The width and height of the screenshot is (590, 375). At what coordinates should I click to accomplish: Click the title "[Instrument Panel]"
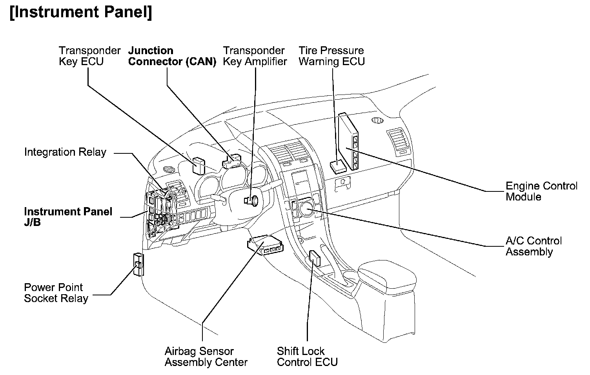[x=80, y=13]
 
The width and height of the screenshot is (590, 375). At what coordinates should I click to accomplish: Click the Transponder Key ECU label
[x=89, y=56]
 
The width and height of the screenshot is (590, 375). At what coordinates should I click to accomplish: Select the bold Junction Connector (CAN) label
[x=172, y=56]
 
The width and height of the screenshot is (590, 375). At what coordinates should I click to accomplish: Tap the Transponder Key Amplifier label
[x=255, y=56]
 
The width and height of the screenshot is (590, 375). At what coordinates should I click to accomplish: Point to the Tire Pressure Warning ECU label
[x=331, y=56]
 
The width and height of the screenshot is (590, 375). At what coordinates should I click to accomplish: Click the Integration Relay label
[x=65, y=152]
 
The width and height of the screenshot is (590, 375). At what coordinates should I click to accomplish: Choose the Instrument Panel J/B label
[x=68, y=217]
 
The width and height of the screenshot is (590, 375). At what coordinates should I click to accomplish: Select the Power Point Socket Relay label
[x=56, y=293]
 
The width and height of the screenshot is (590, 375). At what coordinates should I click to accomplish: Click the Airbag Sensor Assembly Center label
[x=206, y=357]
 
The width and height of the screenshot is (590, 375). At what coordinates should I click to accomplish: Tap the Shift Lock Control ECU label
[x=307, y=357]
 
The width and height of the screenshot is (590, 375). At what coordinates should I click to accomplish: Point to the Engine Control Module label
[x=541, y=191]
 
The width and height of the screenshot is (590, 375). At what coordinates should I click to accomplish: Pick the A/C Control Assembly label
[x=534, y=246]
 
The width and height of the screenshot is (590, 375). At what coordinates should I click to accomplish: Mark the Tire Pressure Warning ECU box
[x=337, y=167]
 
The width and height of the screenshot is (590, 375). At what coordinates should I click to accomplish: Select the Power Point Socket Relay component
[x=138, y=264]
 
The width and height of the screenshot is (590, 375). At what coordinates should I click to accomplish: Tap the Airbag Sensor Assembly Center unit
[x=265, y=245]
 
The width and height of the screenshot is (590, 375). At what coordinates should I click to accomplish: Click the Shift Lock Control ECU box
[x=315, y=258]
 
